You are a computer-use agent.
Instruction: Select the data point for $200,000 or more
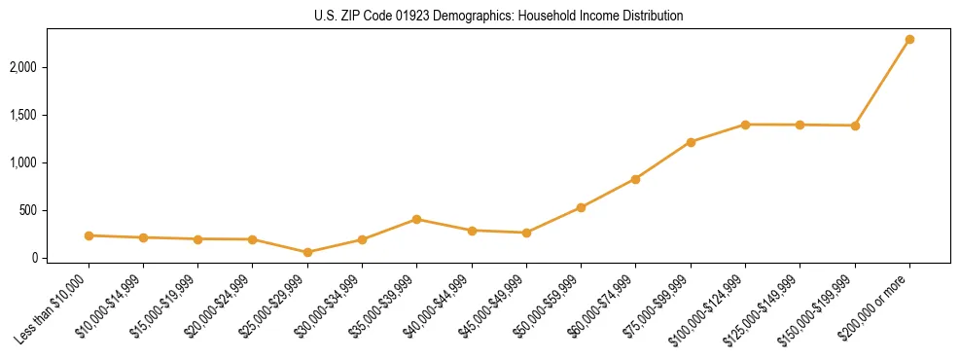pyautogui.click(x=909, y=40)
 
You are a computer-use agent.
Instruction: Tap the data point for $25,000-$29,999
pyautogui.click(x=307, y=253)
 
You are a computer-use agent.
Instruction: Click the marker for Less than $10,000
pyautogui.click(x=89, y=235)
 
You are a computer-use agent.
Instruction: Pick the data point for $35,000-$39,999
pyautogui.click(x=416, y=220)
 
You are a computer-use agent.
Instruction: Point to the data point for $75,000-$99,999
pyautogui.click(x=691, y=142)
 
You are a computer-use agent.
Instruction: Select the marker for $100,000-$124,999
pyautogui.click(x=745, y=125)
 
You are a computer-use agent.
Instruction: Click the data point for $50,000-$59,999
pyautogui.click(x=581, y=207)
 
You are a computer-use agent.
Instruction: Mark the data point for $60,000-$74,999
pyautogui.click(x=635, y=179)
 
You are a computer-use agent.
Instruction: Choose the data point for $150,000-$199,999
pyautogui.click(x=855, y=126)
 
